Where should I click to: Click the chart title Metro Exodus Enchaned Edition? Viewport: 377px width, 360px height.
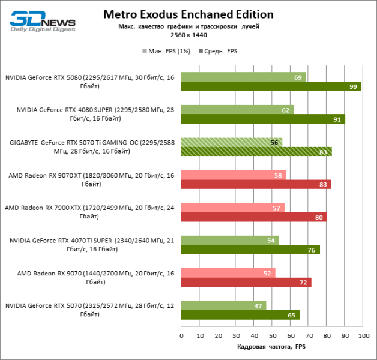pyautogui.click(x=188, y=14)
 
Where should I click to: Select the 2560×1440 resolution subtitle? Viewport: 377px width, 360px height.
pyautogui.click(x=188, y=35)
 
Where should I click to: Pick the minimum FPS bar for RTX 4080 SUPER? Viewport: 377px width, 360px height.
pyautogui.click(x=238, y=110)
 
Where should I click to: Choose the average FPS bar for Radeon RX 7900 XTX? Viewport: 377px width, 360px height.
pyautogui.click(x=254, y=217)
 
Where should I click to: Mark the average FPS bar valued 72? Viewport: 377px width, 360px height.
pyautogui.click(x=247, y=282)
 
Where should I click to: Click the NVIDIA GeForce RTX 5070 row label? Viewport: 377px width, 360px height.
pyautogui.click(x=89, y=310)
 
